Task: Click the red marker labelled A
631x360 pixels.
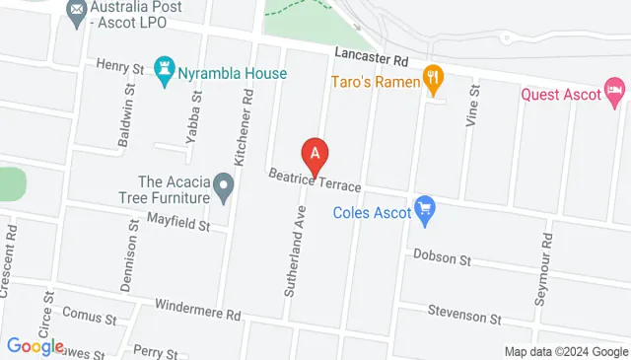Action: pos(315,154)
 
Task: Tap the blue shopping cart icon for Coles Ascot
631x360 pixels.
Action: pos(426,207)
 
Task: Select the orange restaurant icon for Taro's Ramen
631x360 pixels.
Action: pos(432,78)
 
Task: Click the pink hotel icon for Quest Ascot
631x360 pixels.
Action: pos(614,94)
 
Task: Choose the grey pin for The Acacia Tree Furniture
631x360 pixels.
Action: pos(225,183)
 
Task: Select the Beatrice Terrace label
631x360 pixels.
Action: pos(316,180)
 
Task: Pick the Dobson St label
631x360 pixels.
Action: pos(443,256)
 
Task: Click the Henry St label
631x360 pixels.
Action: pos(120,65)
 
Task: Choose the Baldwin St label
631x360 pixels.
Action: pos(125,123)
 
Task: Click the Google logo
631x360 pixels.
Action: pos(35,346)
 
